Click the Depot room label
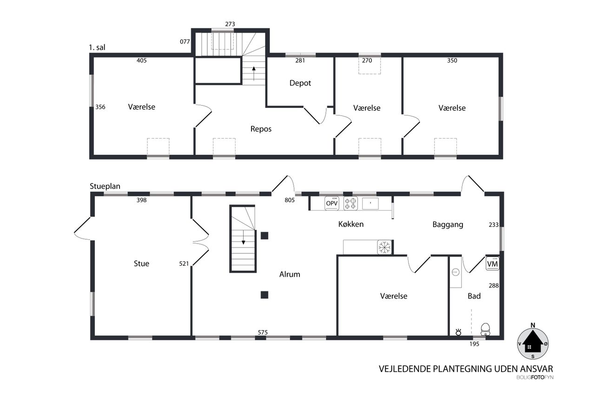(x=300, y=83)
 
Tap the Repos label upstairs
(x=261, y=129)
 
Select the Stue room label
(x=141, y=263)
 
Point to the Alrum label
(x=290, y=274)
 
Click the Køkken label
(x=351, y=224)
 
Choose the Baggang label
(x=448, y=225)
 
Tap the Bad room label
(x=474, y=296)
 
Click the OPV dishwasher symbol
(x=332, y=203)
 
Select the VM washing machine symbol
(x=492, y=264)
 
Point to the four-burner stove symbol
(x=350, y=203)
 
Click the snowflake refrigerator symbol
(x=384, y=247)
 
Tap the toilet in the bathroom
(x=485, y=329)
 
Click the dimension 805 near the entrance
(x=290, y=200)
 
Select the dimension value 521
(x=184, y=263)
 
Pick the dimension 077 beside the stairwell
(x=185, y=41)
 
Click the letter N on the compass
(x=533, y=325)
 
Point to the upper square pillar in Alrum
(x=264, y=236)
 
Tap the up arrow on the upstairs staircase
(x=254, y=74)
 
